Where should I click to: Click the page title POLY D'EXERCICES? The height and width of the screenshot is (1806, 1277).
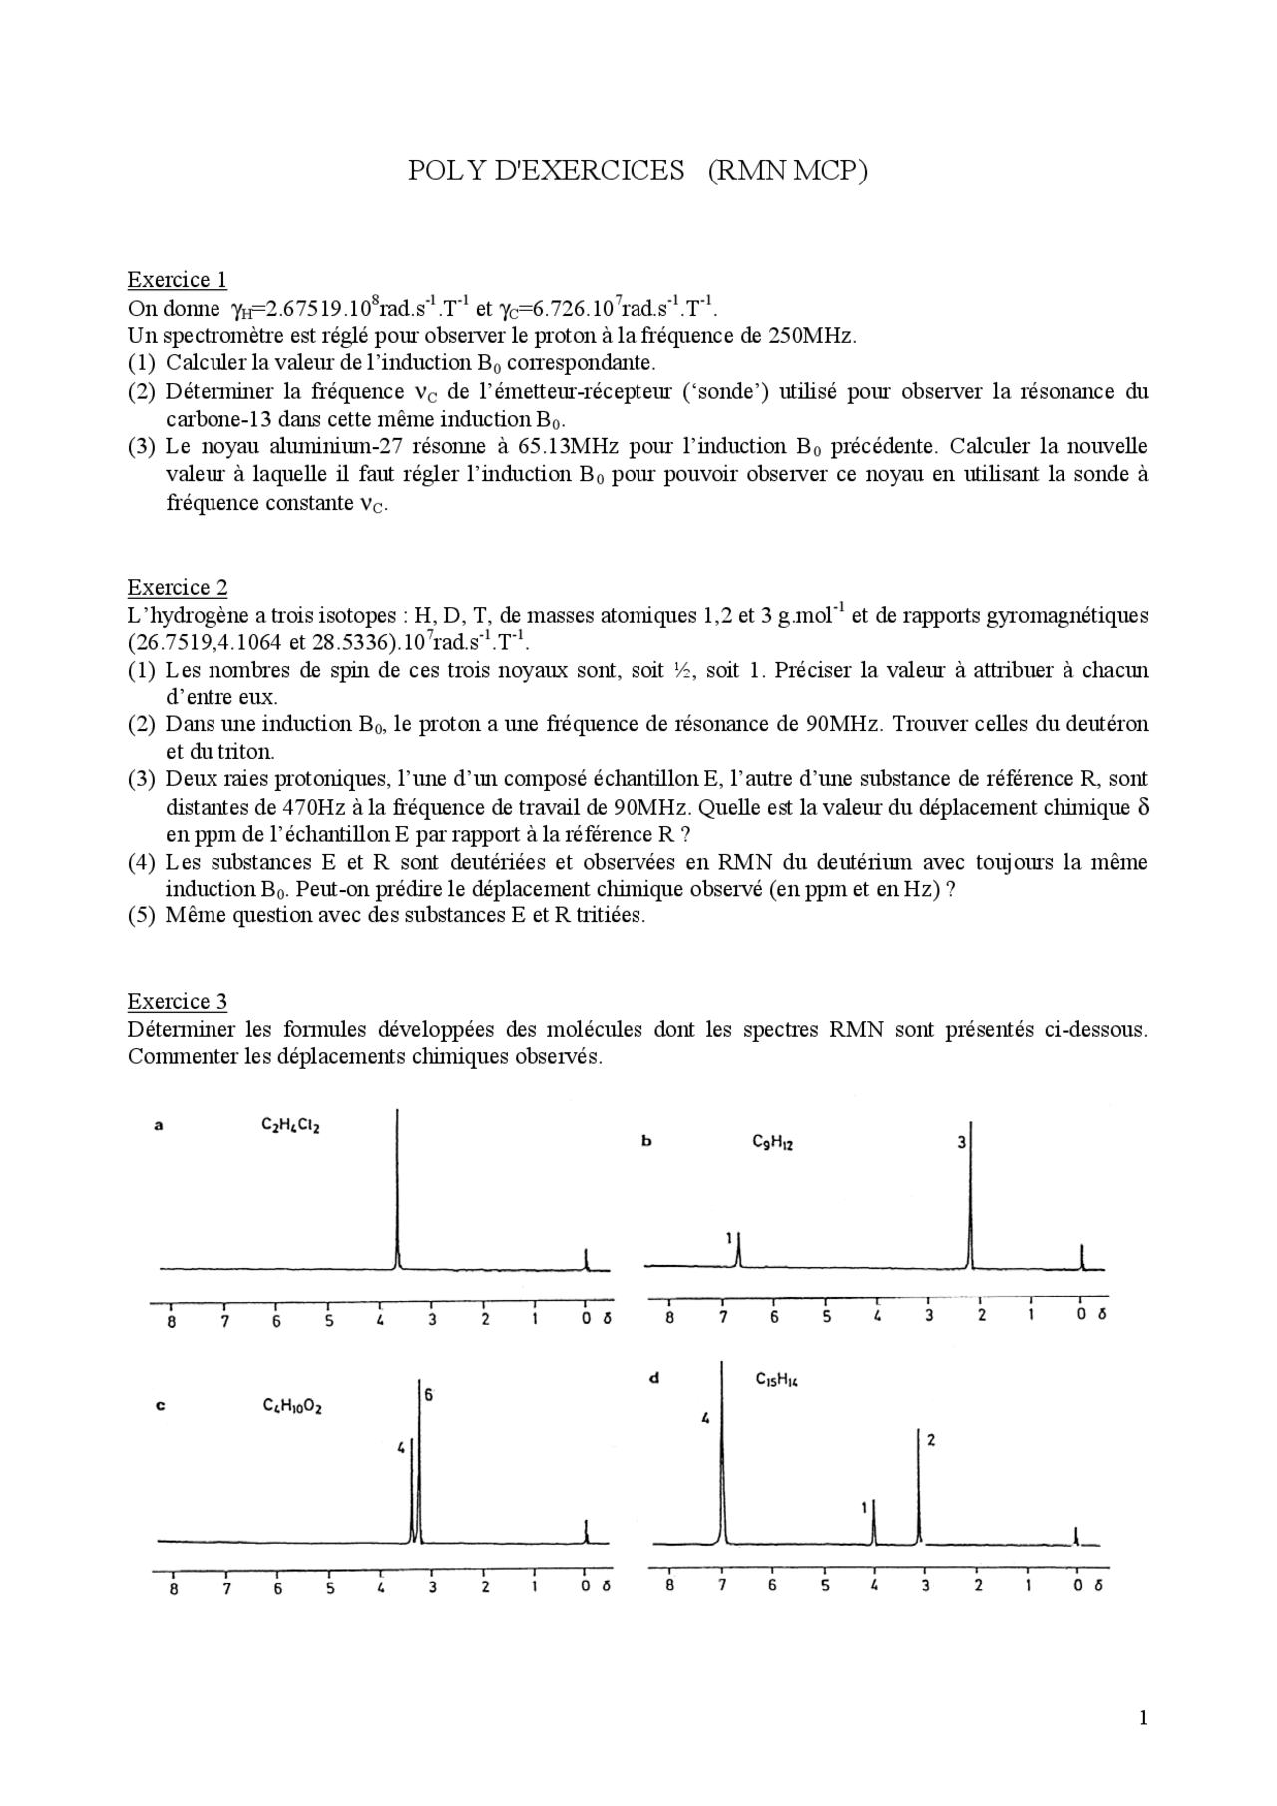coord(546,171)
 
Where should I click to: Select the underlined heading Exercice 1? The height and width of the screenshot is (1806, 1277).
coord(177,279)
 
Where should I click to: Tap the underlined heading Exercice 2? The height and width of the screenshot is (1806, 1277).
coord(177,587)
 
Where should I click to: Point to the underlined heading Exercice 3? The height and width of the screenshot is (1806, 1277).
coord(177,1001)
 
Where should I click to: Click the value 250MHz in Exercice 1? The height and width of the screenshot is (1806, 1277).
coord(812,335)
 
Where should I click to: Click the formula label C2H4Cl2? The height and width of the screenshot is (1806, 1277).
coord(290,1126)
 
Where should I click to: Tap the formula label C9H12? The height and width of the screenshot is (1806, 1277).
coord(772,1143)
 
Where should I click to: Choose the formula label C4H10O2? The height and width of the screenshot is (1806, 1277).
coord(291,1406)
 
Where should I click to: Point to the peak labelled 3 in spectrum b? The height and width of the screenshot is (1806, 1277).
coord(971,1197)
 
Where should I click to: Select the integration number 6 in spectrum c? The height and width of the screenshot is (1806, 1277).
coord(428,1395)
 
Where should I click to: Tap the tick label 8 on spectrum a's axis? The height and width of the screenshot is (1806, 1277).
coord(172,1323)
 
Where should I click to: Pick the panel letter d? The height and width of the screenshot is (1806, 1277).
coord(654,1379)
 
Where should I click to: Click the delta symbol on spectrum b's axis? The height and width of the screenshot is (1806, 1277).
coord(1102,1314)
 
